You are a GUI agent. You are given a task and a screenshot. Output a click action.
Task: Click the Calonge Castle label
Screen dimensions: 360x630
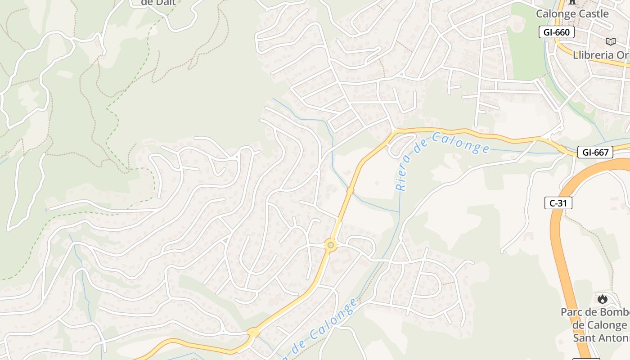click(572, 14)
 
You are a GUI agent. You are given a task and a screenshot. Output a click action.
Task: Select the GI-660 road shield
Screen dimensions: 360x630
click(557, 32)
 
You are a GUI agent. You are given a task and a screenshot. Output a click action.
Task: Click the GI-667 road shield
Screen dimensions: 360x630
click(595, 152)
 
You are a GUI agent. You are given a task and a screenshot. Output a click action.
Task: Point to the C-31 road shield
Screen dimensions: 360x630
click(558, 203)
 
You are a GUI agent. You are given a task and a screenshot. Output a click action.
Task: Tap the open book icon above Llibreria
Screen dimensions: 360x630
click(610, 42)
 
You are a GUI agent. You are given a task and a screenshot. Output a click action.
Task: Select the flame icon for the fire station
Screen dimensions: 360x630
click(602, 299)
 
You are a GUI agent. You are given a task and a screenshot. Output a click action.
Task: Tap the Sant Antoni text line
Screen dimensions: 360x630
click(601, 337)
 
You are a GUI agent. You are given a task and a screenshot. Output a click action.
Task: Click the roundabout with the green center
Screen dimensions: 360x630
click(331, 245)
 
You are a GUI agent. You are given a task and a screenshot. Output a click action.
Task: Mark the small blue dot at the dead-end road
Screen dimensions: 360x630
click(46, 210)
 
